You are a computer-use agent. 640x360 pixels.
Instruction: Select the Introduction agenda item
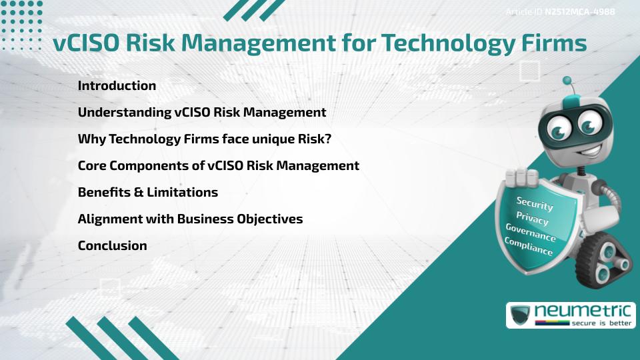tap(117, 85)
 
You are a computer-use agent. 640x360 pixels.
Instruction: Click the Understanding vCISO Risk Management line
tap(202, 112)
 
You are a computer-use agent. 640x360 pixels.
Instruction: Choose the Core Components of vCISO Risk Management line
tap(219, 165)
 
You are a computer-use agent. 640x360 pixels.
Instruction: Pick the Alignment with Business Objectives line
tap(190, 219)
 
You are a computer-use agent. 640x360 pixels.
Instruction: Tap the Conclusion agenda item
tap(112, 245)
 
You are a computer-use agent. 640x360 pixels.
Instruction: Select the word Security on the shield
tap(534, 203)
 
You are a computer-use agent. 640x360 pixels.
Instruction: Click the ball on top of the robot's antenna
tap(567, 81)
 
